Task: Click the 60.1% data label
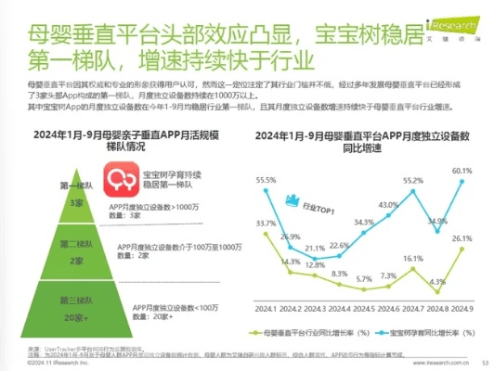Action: coord(462,171)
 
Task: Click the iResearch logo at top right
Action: coord(453,12)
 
